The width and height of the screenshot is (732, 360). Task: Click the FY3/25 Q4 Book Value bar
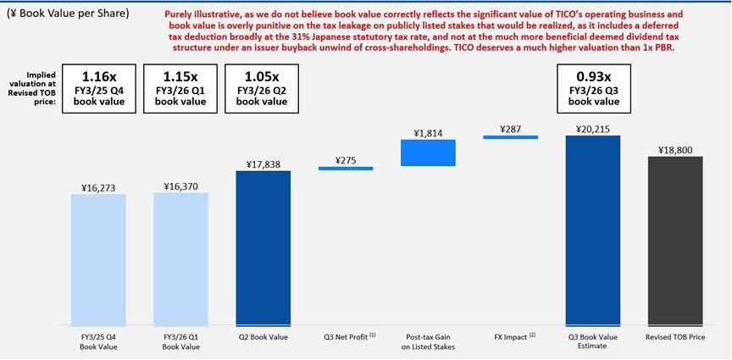click(x=98, y=259)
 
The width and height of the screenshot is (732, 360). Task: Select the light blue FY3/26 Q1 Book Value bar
click(x=181, y=258)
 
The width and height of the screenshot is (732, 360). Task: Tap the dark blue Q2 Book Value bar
click(x=263, y=248)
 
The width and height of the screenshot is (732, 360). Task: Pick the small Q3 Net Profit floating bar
click(x=346, y=169)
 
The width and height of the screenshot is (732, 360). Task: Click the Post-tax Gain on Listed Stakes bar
click(x=428, y=152)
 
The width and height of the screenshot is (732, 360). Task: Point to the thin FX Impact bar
click(x=510, y=137)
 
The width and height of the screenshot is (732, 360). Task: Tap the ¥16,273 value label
click(x=98, y=187)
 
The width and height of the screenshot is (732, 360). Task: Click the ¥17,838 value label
click(x=263, y=163)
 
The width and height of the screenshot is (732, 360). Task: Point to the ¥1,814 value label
click(x=429, y=133)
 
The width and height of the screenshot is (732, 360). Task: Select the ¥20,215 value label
click(x=593, y=128)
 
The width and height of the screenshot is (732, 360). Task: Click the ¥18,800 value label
click(x=675, y=149)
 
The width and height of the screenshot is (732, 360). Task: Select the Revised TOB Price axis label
click(x=675, y=336)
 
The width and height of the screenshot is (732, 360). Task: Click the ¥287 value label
click(x=510, y=130)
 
